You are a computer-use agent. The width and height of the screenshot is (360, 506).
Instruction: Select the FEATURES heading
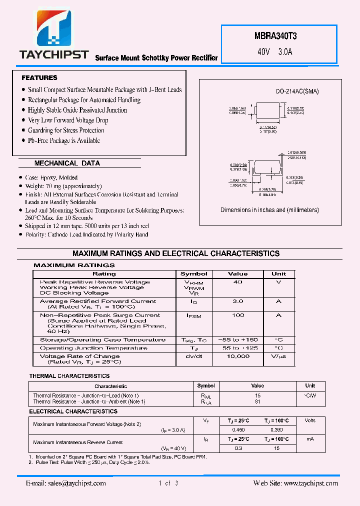39,78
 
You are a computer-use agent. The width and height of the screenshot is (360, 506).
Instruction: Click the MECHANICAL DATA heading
67,163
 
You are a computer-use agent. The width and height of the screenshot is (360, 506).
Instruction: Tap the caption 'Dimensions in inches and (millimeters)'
269,210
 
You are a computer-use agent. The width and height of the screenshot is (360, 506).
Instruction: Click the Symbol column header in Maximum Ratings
193,274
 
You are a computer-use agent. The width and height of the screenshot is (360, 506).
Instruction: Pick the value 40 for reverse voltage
237,282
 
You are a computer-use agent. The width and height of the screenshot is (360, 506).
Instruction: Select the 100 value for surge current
238,315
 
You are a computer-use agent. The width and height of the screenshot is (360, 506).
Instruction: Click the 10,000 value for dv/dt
237,356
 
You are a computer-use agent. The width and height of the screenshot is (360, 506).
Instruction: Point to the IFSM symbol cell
193,316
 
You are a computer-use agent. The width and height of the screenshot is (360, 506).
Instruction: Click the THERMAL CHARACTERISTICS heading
69,376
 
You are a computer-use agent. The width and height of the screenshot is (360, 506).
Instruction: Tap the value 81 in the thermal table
257,401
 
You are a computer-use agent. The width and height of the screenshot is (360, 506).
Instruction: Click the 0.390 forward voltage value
276,430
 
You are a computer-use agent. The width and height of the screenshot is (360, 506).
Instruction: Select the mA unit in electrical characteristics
310,439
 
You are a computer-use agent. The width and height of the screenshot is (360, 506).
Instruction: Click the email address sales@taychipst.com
66,483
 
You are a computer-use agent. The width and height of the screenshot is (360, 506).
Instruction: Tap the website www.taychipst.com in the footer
295,483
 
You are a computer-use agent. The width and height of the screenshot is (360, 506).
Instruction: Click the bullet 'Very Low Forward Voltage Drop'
68,120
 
